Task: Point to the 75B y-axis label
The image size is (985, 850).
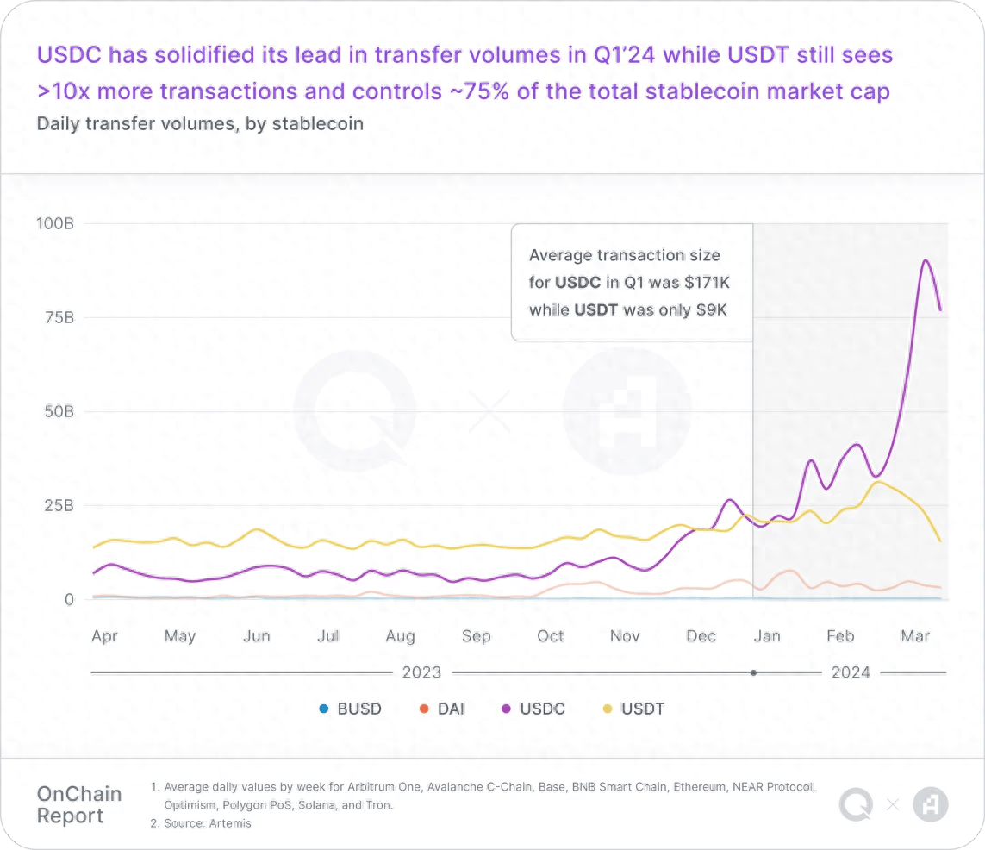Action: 59,317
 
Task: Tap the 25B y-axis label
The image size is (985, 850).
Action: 59,505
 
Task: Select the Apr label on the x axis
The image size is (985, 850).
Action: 104,636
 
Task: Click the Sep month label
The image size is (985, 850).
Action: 476,636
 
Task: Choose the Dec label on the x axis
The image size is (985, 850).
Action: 701,636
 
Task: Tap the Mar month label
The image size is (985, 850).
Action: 915,636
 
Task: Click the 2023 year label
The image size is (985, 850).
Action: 421,672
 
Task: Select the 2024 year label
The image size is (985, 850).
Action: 851,672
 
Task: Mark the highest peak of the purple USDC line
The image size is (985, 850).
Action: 925,260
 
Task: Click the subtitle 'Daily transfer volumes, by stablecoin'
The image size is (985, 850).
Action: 200,123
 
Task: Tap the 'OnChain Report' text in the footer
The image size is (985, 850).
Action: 79,805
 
